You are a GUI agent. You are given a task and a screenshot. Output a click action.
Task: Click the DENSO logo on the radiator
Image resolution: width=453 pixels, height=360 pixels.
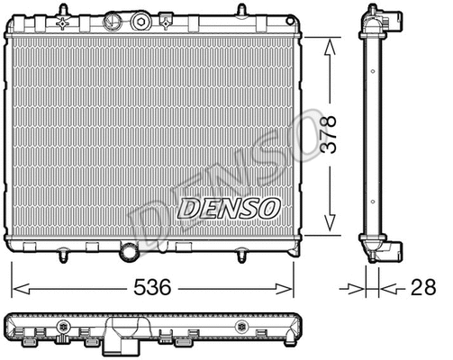coord(229,208)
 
